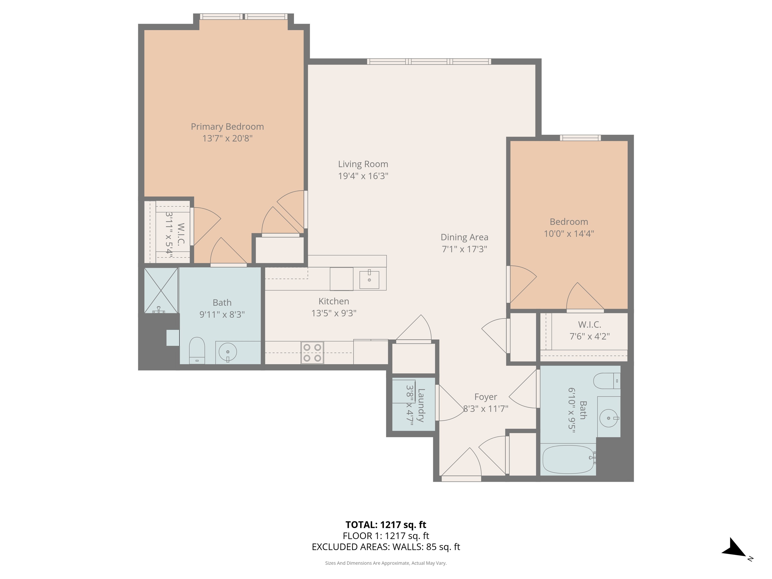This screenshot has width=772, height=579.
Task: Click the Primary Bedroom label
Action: click(x=227, y=127)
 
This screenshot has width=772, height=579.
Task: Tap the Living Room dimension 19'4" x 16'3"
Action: click(x=363, y=176)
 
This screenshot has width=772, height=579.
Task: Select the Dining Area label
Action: click(x=464, y=237)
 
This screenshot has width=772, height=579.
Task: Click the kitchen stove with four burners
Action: click(x=312, y=353)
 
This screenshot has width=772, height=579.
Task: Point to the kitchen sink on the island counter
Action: click(x=369, y=279)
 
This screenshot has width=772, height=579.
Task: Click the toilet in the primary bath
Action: click(x=197, y=350)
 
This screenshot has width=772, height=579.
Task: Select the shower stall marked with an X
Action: click(x=161, y=290)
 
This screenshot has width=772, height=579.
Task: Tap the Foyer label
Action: click(x=486, y=397)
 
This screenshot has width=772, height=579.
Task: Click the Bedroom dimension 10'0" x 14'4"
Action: click(x=569, y=233)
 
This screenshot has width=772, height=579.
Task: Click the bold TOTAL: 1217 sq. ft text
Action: click(x=386, y=524)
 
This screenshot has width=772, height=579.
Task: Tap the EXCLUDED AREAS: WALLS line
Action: click(x=386, y=547)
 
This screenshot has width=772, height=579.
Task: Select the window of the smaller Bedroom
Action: click(x=581, y=138)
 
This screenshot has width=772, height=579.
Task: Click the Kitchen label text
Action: click(x=334, y=301)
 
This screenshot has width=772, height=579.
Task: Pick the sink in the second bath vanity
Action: click(x=608, y=418)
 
